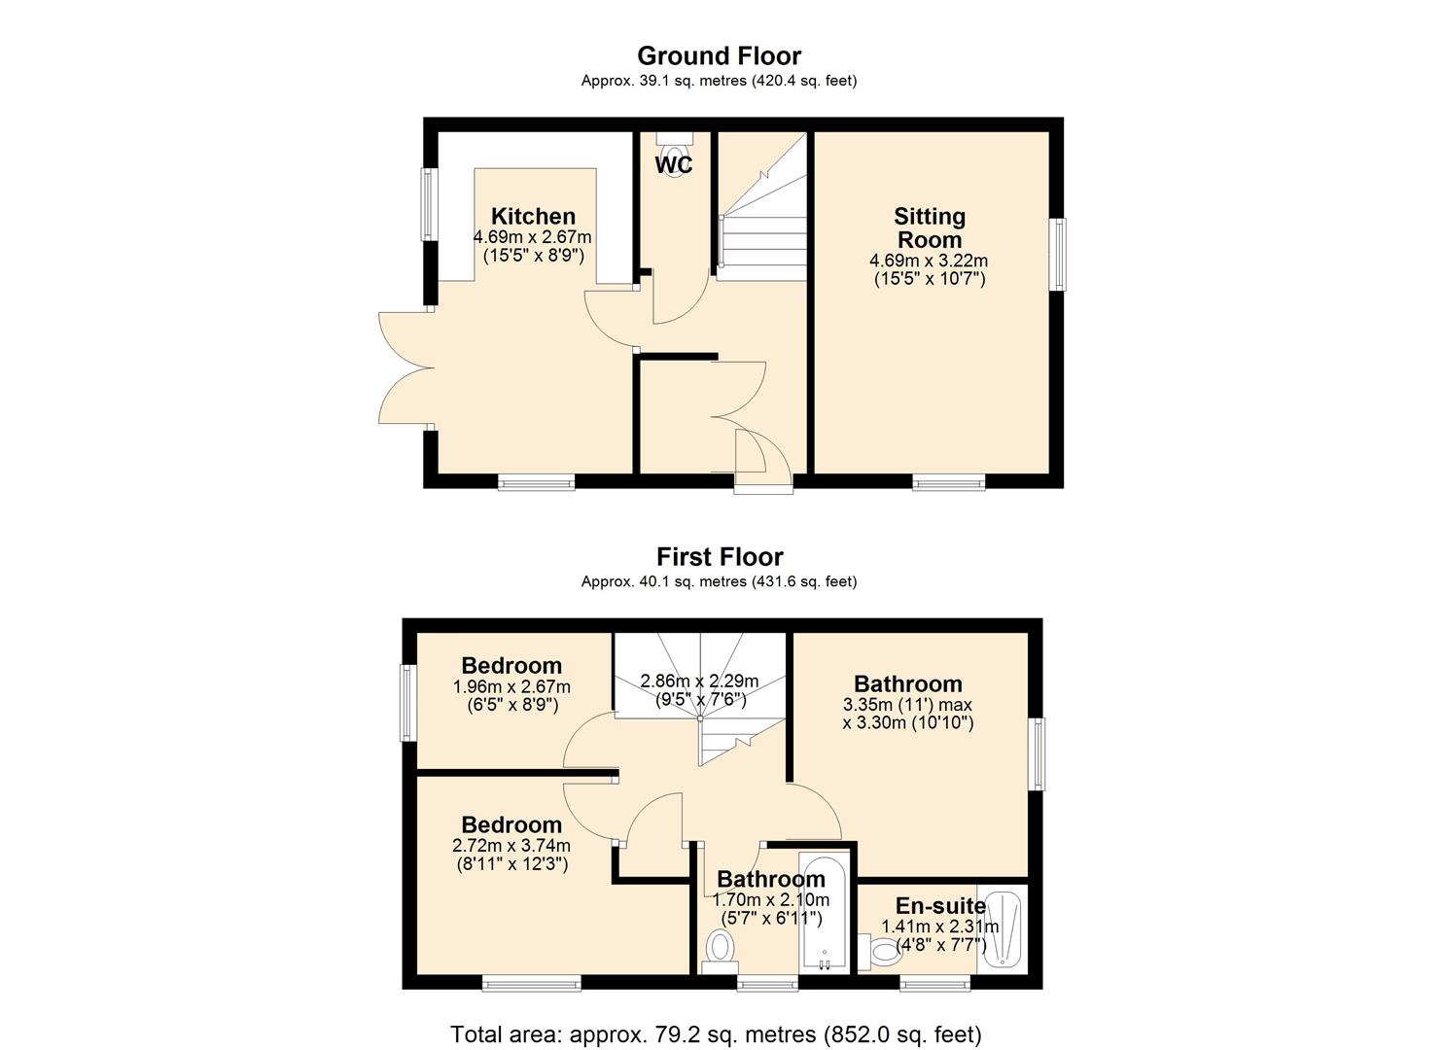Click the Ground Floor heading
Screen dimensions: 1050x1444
tap(719, 55)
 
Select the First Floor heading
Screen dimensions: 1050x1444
tap(719, 556)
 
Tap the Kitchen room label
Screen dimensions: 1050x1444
tap(533, 216)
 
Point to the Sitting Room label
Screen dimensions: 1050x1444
tap(929, 227)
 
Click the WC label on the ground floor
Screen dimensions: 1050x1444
tap(673, 165)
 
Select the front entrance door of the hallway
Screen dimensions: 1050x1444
tap(763, 467)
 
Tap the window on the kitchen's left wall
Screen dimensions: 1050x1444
tap(427, 204)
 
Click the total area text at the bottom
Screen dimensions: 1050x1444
tap(716, 1033)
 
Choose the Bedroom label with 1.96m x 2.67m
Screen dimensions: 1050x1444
tap(511, 666)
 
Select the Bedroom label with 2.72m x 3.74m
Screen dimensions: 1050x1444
tap(511, 825)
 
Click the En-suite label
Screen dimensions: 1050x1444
tap(940, 906)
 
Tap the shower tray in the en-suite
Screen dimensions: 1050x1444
tap(1002, 928)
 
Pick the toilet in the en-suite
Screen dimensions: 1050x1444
tap(882, 950)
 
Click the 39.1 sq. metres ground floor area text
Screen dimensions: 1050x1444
tap(719, 81)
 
